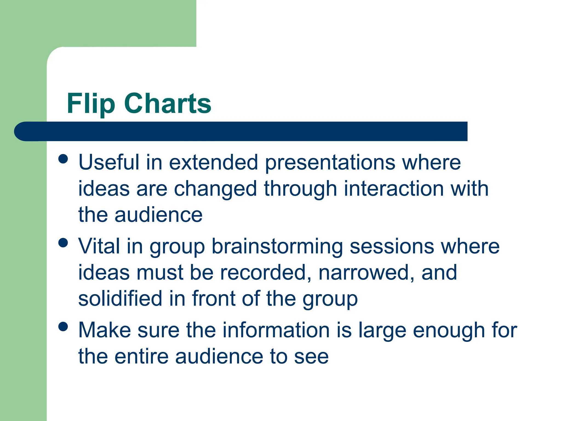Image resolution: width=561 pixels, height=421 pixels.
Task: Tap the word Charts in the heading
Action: (168, 103)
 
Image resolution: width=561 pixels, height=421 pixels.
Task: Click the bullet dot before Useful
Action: (63, 159)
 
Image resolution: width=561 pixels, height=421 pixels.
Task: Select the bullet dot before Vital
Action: (63, 243)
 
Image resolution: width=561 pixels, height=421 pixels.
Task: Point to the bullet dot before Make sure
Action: (63, 326)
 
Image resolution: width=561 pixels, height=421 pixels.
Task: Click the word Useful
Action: (109, 162)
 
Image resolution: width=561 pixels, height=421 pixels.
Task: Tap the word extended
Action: (213, 162)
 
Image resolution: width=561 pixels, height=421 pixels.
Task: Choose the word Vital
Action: (99, 246)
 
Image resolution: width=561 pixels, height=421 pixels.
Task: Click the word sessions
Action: (392, 246)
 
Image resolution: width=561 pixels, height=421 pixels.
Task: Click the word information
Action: (276, 330)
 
